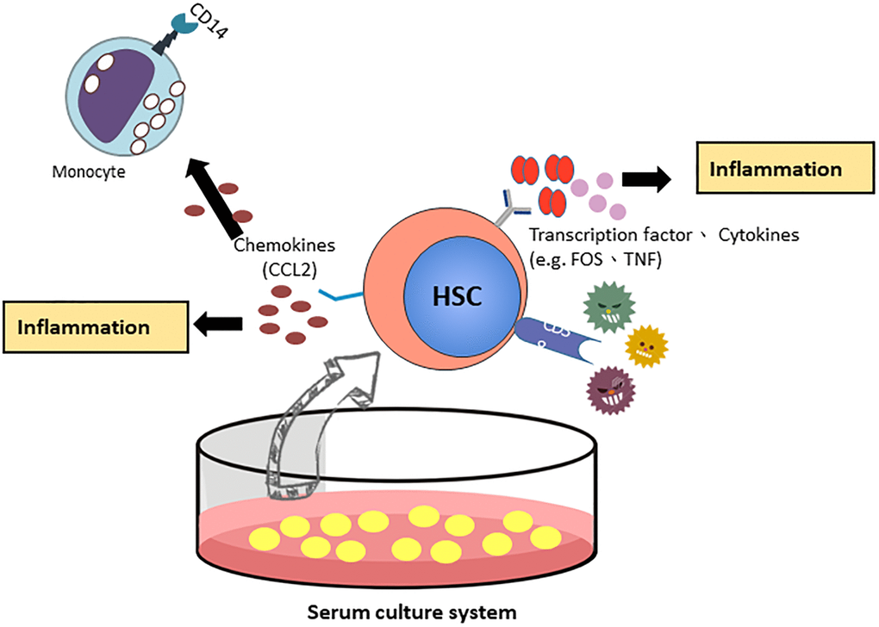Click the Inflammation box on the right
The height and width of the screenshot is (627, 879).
(x=776, y=169)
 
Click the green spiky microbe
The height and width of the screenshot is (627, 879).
(x=607, y=306)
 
